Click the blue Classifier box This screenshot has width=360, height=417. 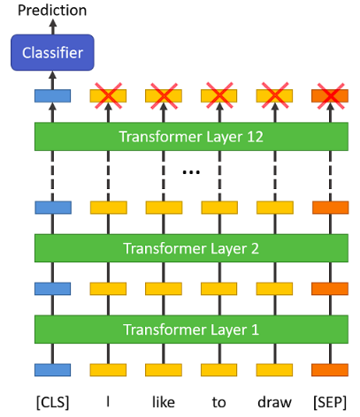coord(52,53)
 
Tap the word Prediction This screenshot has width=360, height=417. coord(52,11)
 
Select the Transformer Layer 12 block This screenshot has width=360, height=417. coord(191,137)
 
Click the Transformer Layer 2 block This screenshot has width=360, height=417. coord(191,248)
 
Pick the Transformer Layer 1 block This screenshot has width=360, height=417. coord(191,330)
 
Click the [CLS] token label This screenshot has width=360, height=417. coord(53,402)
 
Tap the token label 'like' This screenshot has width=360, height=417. coord(164,402)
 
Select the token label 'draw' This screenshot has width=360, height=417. coord(274,402)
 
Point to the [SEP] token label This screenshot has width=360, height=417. coord(330,402)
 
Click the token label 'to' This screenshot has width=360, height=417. coord(219,403)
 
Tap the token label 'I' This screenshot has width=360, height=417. coord(108,402)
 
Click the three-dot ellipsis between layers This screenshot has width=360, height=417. coord(191,171)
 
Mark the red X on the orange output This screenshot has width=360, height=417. coord(331,96)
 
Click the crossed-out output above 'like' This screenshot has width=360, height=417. coord(164,96)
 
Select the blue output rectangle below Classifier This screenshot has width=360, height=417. coord(53,96)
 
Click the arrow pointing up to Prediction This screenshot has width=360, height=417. coord(53,27)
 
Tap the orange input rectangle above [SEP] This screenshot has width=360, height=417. coord(330,370)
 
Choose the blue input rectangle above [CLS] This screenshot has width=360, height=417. coord(53,370)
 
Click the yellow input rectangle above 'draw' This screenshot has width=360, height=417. coord(274,370)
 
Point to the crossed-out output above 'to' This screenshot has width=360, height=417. coord(219,96)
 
